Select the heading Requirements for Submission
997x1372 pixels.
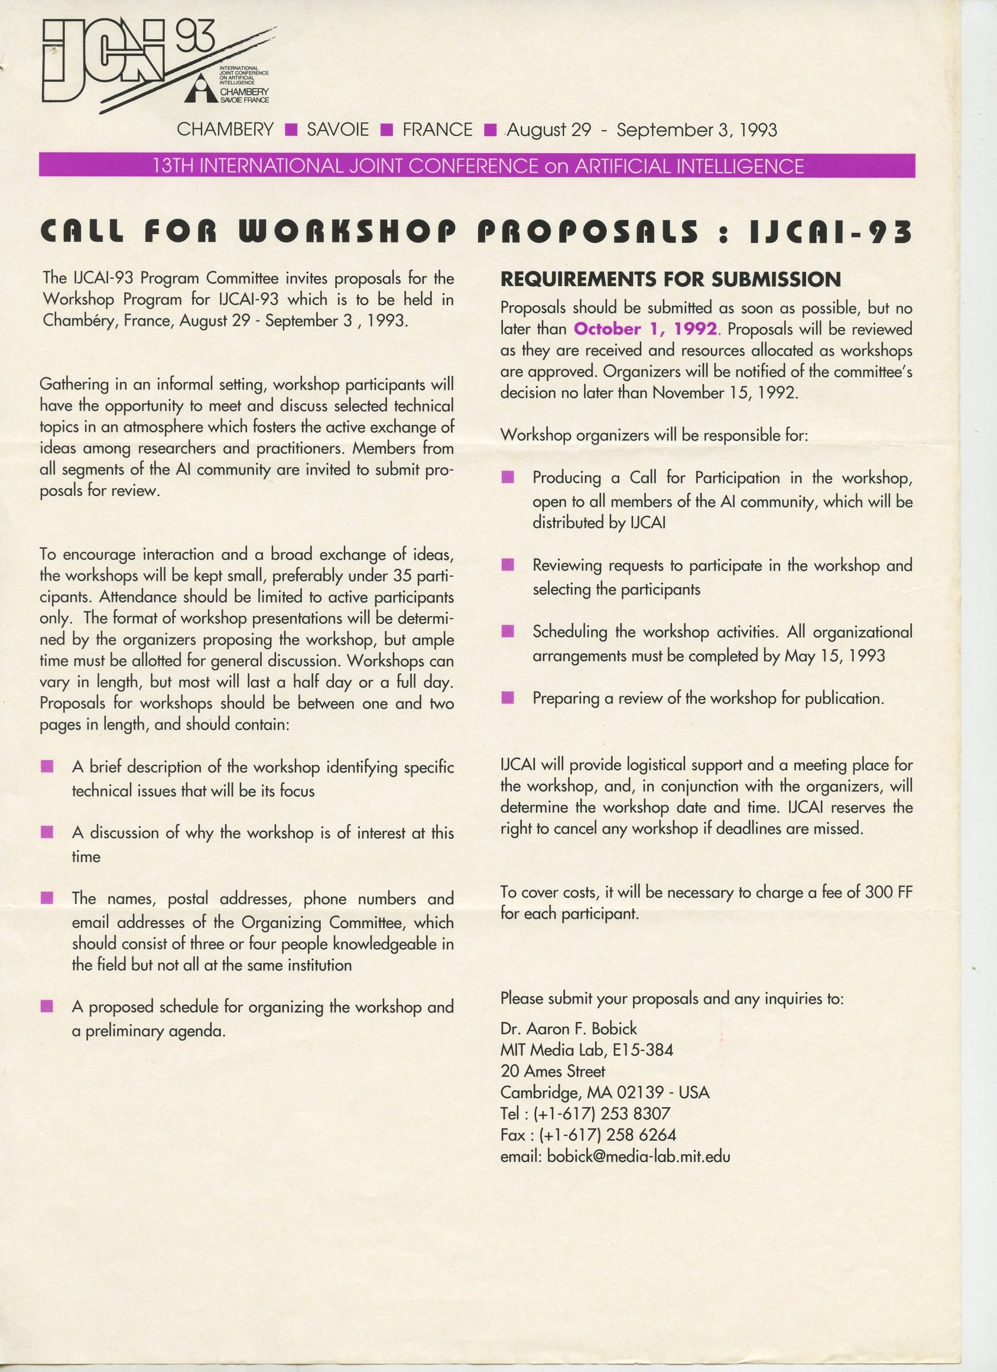tap(671, 279)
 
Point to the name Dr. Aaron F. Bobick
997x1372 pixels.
tap(568, 1029)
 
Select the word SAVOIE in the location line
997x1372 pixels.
tap(338, 130)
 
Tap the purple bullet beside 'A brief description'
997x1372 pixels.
tap(47, 767)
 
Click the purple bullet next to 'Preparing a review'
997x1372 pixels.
tap(508, 699)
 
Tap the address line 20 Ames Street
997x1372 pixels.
tap(552, 1071)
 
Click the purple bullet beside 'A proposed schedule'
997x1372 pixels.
tap(47, 1007)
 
